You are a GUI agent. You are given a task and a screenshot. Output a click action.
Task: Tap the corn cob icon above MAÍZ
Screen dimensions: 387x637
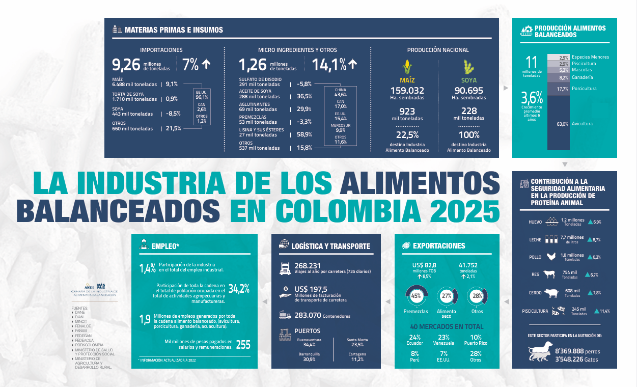tap(406, 68)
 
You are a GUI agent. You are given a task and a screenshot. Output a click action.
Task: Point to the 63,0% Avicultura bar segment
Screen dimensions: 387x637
tap(559, 124)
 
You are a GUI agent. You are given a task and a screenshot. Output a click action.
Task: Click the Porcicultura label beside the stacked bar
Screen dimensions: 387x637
tap(584, 89)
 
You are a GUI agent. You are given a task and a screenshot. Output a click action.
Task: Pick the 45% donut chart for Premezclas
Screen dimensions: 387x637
tap(416, 296)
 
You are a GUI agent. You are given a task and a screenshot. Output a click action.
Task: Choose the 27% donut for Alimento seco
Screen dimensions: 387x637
tap(447, 296)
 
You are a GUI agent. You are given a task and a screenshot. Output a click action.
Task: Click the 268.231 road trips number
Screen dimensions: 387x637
tap(308, 265)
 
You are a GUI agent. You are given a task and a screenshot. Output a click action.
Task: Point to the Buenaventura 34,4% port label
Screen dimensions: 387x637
tap(307, 342)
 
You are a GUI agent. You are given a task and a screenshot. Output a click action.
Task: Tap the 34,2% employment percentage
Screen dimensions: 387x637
tap(239, 289)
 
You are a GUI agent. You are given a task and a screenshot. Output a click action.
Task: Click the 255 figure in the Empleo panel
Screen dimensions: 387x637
tap(243, 345)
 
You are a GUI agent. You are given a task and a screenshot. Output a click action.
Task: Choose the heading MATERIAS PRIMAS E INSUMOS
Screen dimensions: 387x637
tap(174, 30)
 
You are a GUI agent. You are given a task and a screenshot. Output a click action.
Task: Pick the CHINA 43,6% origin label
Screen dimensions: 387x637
tap(341, 92)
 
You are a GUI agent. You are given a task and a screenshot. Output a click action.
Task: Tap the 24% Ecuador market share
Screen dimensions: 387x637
tap(415, 340)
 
